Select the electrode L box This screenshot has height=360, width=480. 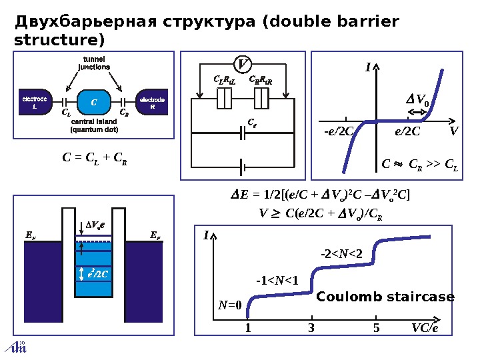pyautogui.click(x=34, y=103)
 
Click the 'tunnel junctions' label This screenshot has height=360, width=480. pyautogui.click(x=93, y=63)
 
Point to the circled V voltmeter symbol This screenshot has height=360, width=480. pyautogui.click(x=242, y=64)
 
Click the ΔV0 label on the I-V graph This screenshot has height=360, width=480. pyautogui.click(x=418, y=101)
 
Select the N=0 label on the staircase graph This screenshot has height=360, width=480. pyautogui.click(x=229, y=305)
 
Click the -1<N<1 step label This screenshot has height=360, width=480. pyautogui.click(x=277, y=279)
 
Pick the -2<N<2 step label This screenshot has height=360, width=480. pyautogui.click(x=341, y=253)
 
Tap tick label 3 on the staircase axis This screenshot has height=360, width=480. pyautogui.click(x=311, y=328)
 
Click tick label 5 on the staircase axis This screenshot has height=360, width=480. pyautogui.click(x=376, y=328)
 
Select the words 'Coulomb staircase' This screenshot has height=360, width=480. pyautogui.click(x=385, y=297)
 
